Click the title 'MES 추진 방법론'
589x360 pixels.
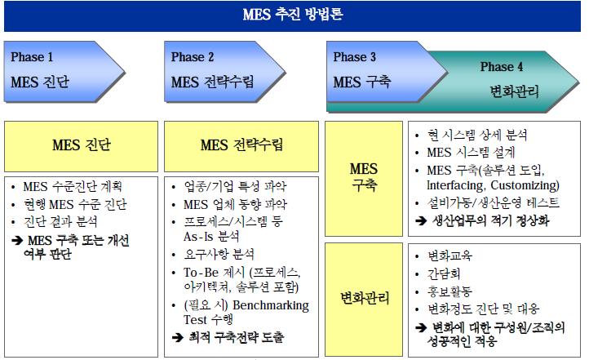294,14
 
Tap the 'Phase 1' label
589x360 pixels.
33,57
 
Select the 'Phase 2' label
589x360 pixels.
193,57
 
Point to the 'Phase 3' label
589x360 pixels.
355,57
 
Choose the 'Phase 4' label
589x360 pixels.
502,67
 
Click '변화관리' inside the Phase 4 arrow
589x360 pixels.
514,91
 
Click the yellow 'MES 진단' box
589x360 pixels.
81,145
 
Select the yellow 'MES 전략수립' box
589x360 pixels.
242,145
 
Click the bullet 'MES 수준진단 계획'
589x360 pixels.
74,186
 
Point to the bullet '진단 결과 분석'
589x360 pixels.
60,221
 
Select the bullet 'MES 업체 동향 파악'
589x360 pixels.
235,203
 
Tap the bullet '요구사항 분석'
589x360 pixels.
219,254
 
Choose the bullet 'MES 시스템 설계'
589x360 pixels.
471,152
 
